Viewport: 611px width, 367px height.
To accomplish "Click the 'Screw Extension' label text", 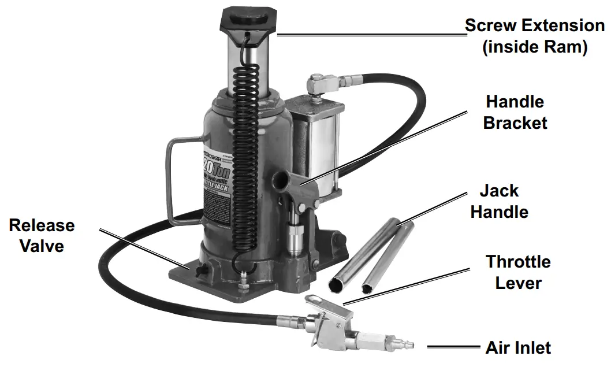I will (534, 26).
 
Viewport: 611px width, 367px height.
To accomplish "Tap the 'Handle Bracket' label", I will (515, 112).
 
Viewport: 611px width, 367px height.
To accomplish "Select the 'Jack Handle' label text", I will (499, 201).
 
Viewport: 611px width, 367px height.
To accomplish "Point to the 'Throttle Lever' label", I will (517, 272).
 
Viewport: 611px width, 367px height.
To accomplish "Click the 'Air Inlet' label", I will (518, 348).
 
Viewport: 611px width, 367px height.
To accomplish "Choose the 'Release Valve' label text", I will (42, 235).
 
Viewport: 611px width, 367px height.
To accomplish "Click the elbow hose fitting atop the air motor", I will (320, 83).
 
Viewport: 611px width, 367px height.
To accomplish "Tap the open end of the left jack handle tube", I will (336, 283).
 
